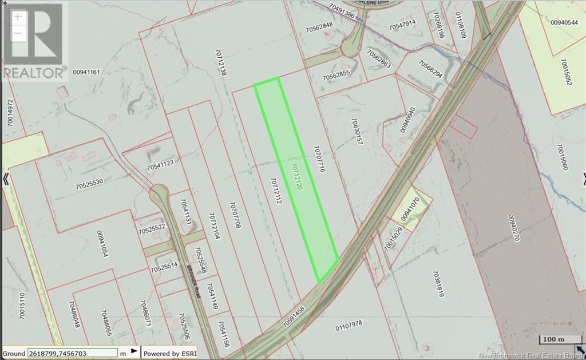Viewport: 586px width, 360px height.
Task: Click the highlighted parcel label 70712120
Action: click(x=296, y=176)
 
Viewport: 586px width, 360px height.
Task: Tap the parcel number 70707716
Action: click(x=319, y=159)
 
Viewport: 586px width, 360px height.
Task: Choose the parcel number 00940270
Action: click(x=512, y=227)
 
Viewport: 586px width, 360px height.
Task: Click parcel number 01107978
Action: click(x=349, y=325)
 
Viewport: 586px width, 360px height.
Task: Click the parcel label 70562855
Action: click(x=336, y=75)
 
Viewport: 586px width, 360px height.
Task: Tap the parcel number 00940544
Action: click(x=564, y=22)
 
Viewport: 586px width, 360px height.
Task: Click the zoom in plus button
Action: click(x=18, y=17)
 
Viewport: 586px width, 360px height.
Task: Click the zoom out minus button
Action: click(x=18, y=33)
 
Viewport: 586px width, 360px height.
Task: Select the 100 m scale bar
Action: click(x=553, y=340)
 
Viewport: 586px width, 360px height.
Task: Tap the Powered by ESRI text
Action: click(x=169, y=353)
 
